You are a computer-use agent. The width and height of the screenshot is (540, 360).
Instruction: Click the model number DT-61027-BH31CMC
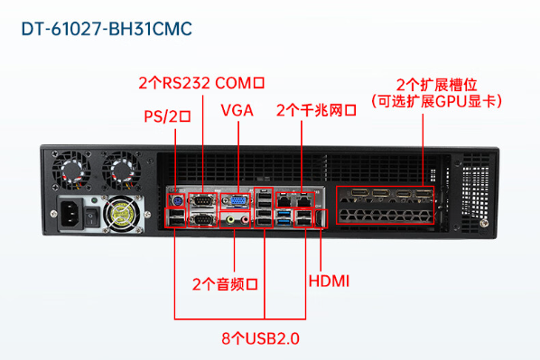[106, 29]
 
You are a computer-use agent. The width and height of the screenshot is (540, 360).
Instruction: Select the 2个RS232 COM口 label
[201, 83]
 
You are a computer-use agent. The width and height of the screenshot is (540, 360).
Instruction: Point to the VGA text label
[237, 111]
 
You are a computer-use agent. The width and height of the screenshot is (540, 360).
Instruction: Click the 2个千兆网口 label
[317, 111]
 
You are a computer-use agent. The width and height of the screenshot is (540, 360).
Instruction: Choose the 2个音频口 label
[226, 283]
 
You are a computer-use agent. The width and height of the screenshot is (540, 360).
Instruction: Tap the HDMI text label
[330, 282]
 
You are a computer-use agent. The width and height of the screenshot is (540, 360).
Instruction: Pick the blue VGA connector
[237, 201]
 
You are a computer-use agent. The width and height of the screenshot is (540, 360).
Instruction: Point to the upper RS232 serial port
[204, 198]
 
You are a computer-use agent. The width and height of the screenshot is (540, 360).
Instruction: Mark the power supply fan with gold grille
[121, 214]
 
